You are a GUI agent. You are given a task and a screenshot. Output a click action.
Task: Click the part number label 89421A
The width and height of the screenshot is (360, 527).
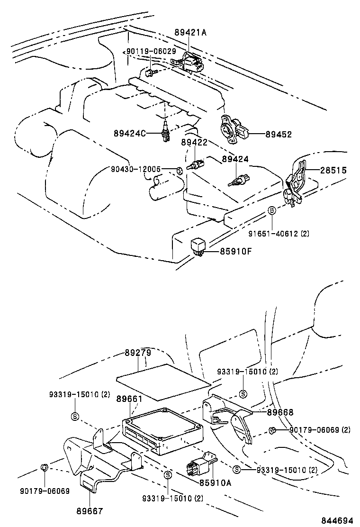point(191,33)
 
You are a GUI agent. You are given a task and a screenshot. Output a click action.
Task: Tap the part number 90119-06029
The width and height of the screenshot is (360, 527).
point(151,51)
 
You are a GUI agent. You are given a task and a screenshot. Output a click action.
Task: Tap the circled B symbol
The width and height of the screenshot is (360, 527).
point(272,210)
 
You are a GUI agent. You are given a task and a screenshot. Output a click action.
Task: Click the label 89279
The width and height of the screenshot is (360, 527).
point(138,353)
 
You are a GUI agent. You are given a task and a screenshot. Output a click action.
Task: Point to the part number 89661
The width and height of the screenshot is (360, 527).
point(129,399)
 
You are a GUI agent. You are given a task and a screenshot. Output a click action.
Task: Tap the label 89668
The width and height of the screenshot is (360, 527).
point(280,412)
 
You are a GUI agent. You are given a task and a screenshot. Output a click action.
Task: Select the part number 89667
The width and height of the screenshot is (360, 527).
point(90,511)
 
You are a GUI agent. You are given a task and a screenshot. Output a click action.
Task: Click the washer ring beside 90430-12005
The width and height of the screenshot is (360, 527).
point(179,170)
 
